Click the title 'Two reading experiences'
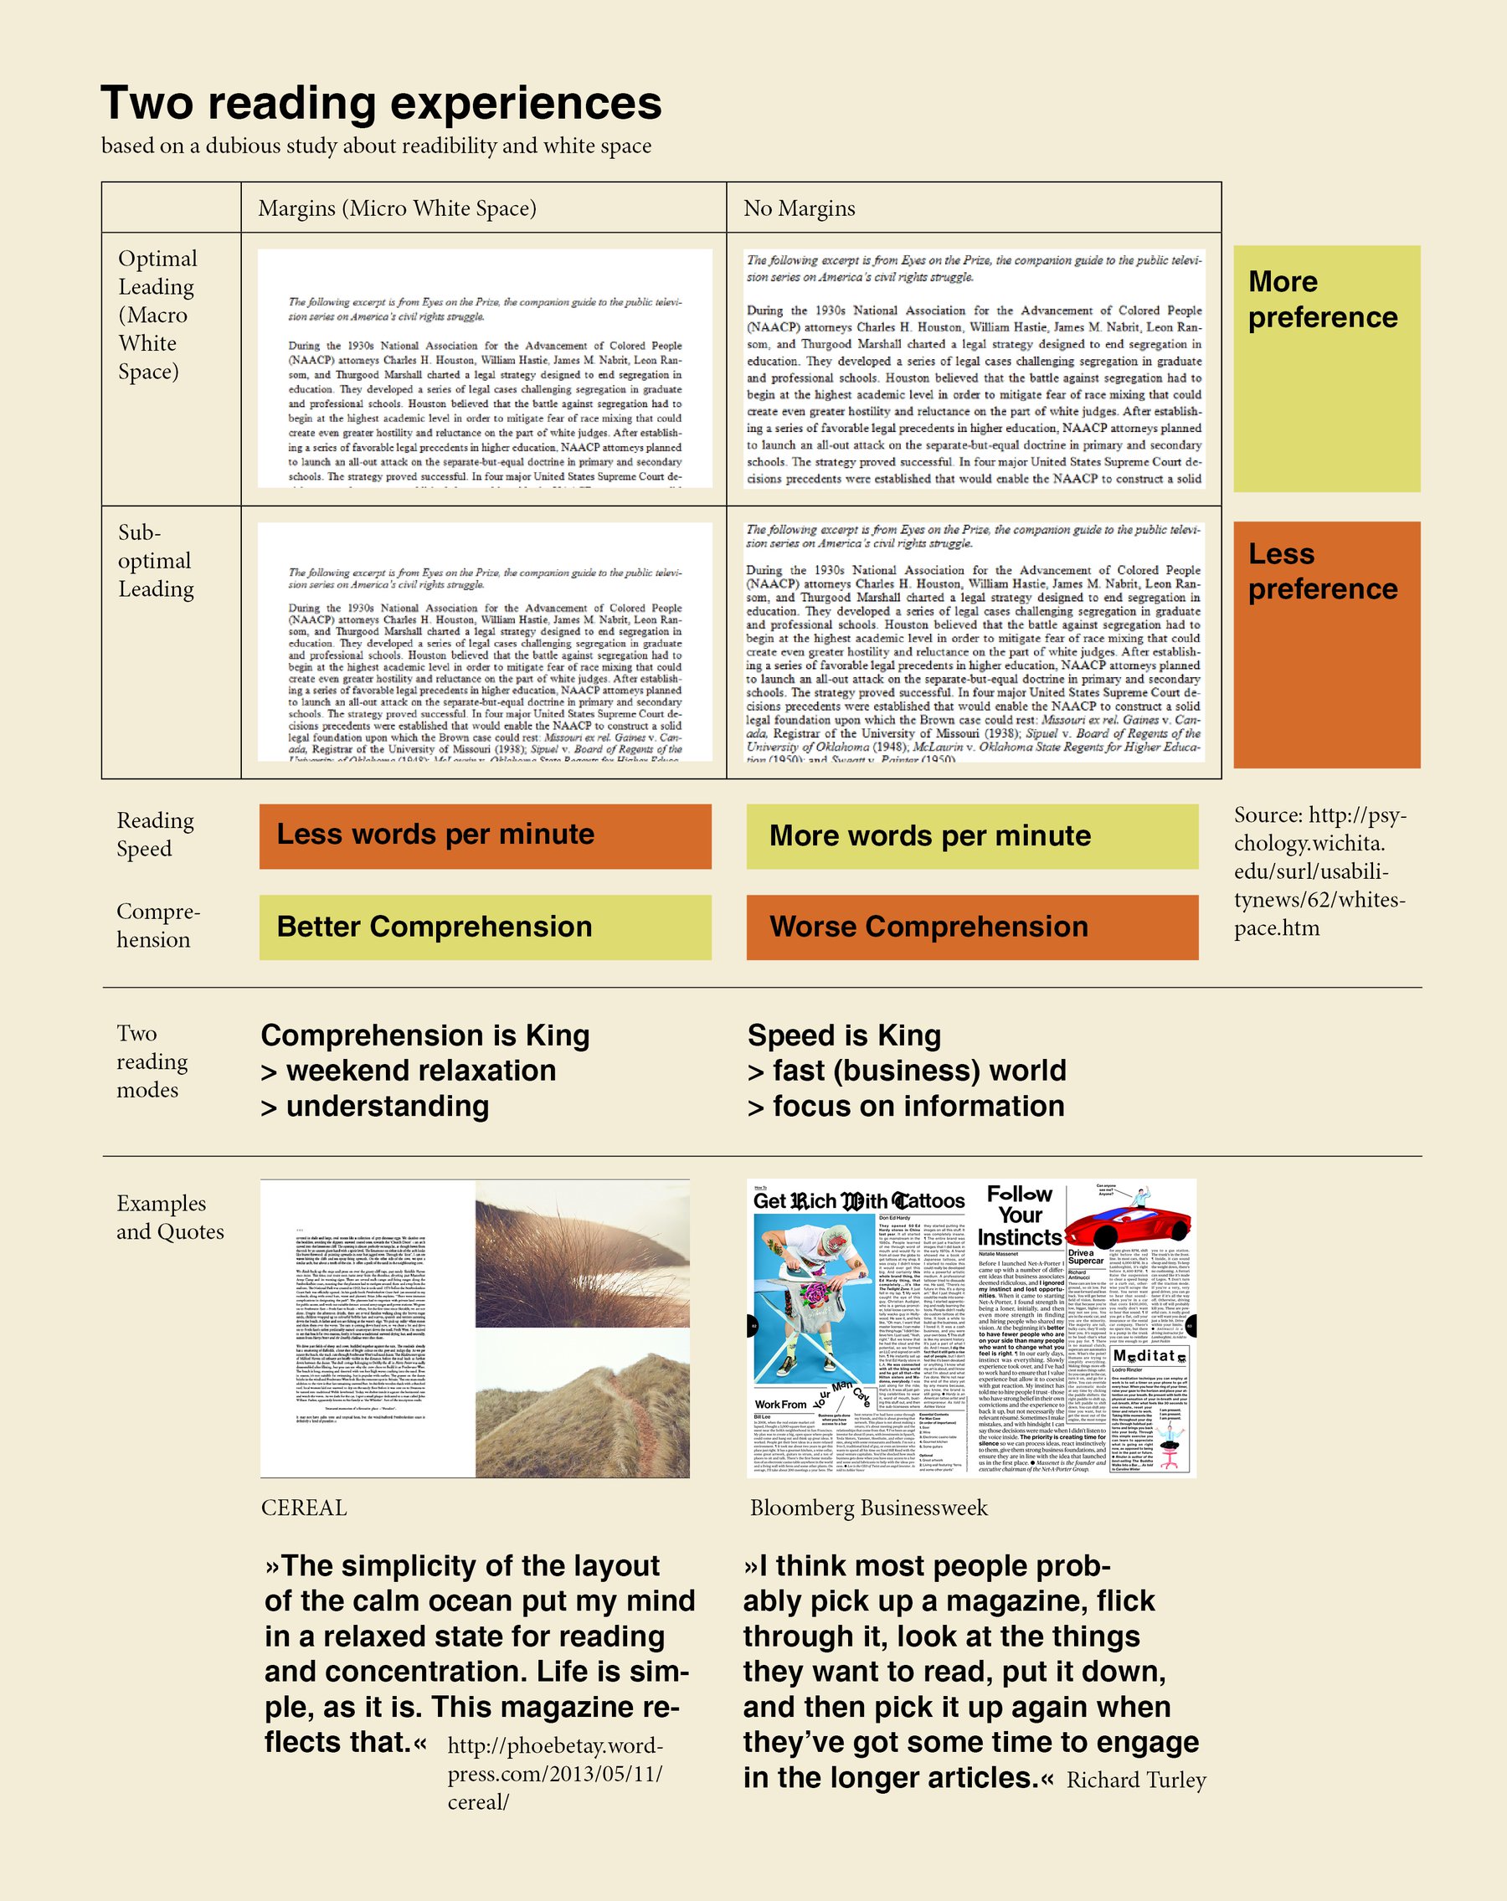381,103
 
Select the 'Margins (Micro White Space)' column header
397,208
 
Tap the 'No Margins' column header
799,208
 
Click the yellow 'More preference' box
1326,368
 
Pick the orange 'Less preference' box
1326,645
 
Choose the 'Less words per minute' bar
485,836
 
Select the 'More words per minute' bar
972,836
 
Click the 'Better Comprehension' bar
485,927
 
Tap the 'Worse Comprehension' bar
972,927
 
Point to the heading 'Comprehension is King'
425,1035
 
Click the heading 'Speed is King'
844,1035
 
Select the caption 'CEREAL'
304,1508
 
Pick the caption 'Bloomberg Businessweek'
868,1508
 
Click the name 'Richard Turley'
1136,1780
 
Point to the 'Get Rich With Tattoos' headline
859,1201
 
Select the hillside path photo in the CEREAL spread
582,1402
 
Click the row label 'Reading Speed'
155,834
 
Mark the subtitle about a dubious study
377,146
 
